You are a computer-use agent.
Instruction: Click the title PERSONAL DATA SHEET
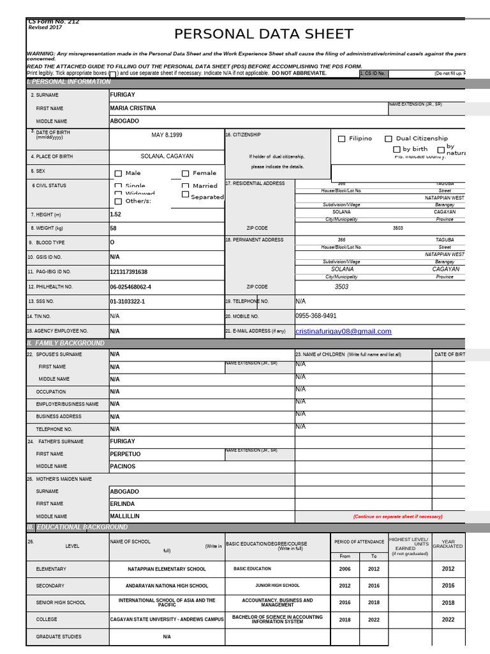(x=264, y=34)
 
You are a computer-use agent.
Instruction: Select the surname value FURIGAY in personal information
(x=122, y=95)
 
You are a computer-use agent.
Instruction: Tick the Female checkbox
(x=186, y=173)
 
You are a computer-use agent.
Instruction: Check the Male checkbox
(x=118, y=173)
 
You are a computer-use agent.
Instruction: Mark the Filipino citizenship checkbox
(x=342, y=139)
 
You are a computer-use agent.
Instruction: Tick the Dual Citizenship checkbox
(x=388, y=139)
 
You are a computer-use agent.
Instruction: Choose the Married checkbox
(x=186, y=186)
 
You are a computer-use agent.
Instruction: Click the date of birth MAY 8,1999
(x=167, y=135)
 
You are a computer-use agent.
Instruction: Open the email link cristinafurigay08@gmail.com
(x=343, y=331)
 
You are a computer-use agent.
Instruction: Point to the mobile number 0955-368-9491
(x=316, y=316)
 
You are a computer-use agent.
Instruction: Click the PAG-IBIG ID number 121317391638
(x=128, y=272)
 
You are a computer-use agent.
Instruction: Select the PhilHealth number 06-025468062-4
(x=130, y=287)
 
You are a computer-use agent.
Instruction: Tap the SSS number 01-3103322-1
(x=128, y=301)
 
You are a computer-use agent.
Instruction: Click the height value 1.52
(x=115, y=215)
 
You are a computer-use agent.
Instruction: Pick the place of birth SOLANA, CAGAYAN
(x=167, y=156)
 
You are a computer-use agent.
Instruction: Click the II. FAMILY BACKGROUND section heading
(x=66, y=344)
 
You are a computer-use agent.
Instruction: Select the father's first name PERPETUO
(x=125, y=454)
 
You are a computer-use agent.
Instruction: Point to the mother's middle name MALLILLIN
(x=124, y=516)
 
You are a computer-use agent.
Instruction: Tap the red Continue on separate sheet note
(x=397, y=517)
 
